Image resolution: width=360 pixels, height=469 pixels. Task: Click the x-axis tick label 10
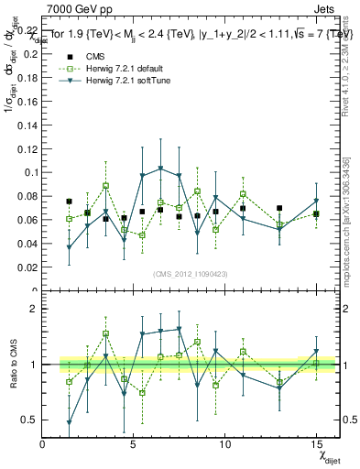point(224,443)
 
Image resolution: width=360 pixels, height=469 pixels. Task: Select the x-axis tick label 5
point(134,443)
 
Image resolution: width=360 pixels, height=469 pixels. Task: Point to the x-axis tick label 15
point(316,443)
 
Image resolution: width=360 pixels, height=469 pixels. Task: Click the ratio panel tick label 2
point(33,310)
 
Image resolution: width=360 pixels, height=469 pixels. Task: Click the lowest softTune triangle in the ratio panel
point(69,422)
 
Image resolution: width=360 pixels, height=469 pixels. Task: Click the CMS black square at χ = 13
point(279,208)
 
